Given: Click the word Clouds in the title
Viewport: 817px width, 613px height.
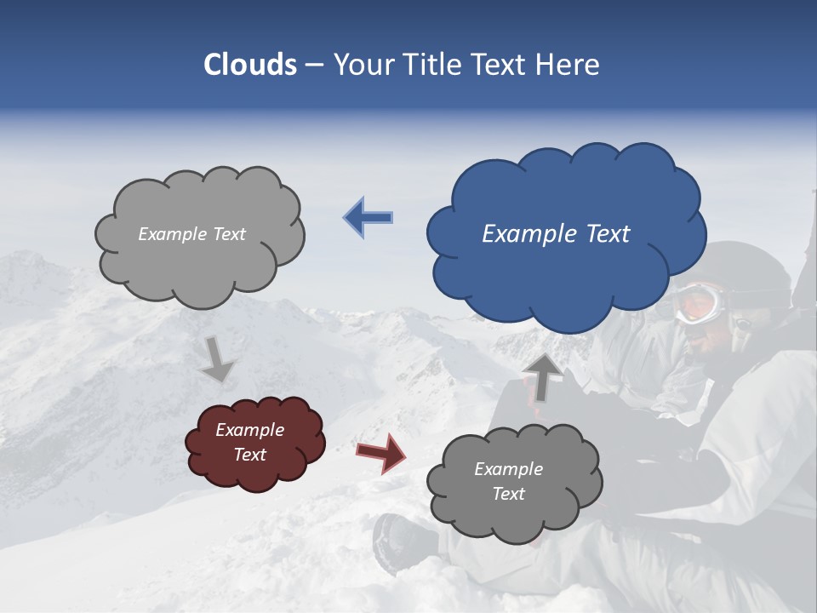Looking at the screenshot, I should click(x=250, y=65).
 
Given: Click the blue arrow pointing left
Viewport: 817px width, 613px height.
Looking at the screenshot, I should click(x=368, y=218).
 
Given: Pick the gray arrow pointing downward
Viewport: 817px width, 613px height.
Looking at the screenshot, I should click(x=218, y=358).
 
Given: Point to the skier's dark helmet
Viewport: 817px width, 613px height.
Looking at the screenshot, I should click(x=749, y=268).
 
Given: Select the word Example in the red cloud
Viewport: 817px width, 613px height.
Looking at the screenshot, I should click(x=250, y=430).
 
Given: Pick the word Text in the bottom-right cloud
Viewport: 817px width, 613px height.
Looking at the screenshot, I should click(x=509, y=494).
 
